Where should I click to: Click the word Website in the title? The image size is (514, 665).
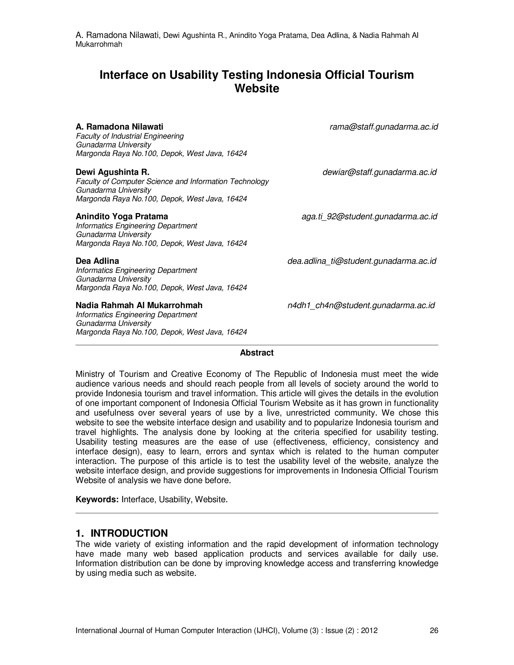click(257, 89)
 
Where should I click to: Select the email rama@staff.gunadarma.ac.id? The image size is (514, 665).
click(384, 127)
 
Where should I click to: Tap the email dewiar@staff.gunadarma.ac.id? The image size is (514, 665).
click(379, 172)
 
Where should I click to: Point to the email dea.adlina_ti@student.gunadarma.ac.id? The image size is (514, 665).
click(362, 261)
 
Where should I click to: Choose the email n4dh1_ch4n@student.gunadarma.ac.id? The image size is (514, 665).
click(361, 305)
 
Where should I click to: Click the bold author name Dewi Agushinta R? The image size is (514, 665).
click(112, 172)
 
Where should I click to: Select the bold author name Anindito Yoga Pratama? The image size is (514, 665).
click(122, 217)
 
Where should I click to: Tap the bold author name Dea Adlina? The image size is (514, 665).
click(97, 261)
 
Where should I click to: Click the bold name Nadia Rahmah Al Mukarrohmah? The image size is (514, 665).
click(139, 305)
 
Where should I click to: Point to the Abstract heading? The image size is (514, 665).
click(257, 353)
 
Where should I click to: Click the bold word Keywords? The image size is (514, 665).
click(97, 500)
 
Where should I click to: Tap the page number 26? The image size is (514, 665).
click(434, 631)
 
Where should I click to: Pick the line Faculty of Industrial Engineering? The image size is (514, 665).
click(130, 136)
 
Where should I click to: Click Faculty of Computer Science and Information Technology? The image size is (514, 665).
click(172, 181)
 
